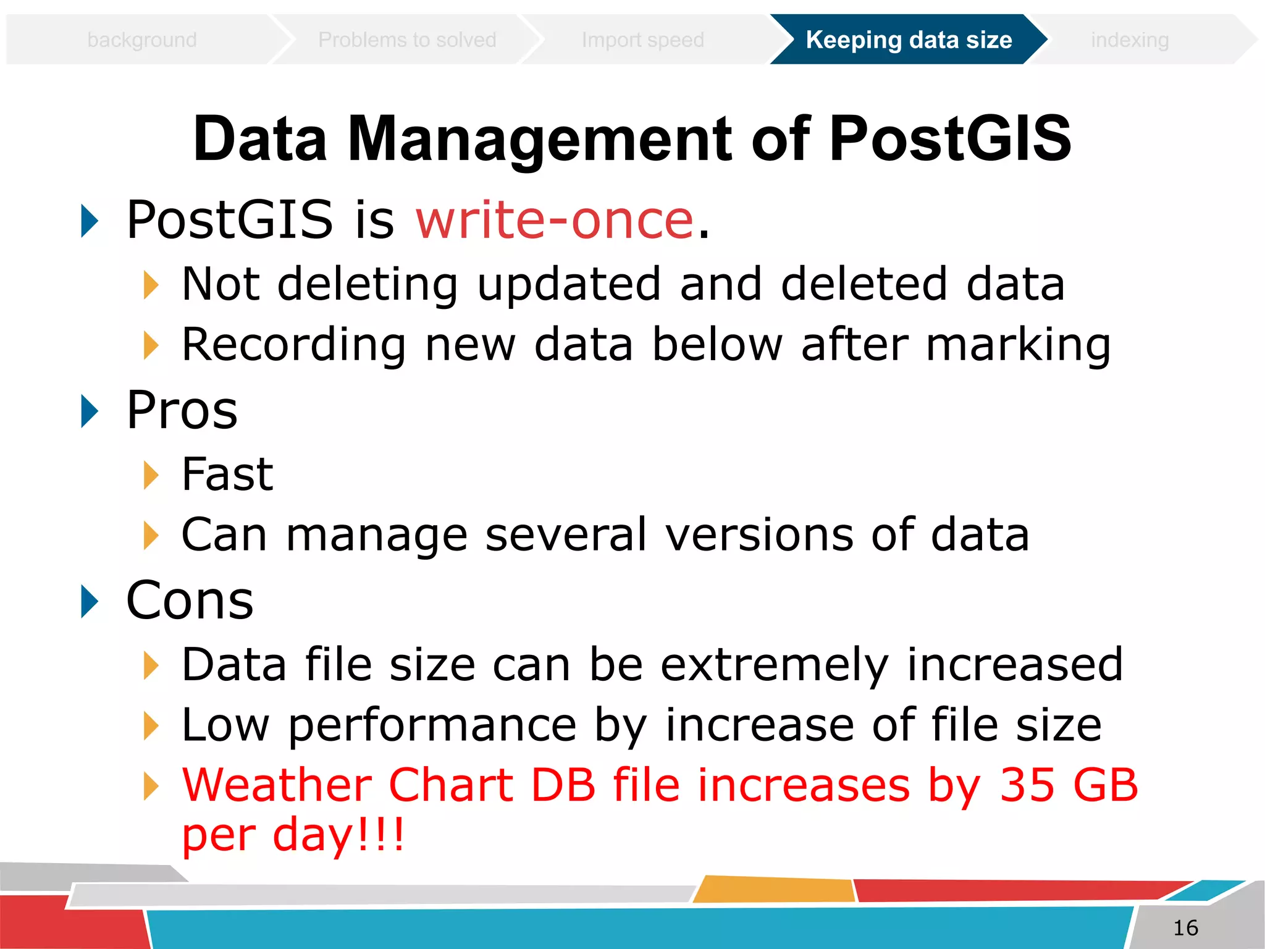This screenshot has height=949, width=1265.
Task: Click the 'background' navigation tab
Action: point(142,40)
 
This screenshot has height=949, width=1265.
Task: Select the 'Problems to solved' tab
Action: point(407,40)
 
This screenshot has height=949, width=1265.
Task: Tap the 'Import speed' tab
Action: point(642,40)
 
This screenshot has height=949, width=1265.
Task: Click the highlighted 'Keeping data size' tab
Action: point(909,40)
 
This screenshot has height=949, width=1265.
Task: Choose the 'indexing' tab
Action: point(1129,40)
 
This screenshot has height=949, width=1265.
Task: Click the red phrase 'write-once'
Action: point(555,220)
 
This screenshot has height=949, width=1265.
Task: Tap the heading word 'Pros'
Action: point(182,410)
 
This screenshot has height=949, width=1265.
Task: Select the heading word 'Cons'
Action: point(190,601)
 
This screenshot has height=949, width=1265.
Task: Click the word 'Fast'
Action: point(227,474)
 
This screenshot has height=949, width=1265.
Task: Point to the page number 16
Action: point(1185,927)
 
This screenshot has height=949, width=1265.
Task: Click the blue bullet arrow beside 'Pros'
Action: point(90,411)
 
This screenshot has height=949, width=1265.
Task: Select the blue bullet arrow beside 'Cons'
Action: point(90,601)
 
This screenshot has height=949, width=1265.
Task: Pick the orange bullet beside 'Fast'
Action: point(151,475)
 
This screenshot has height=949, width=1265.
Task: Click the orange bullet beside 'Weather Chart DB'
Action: point(151,786)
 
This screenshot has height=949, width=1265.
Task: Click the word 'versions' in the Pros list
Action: point(760,534)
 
